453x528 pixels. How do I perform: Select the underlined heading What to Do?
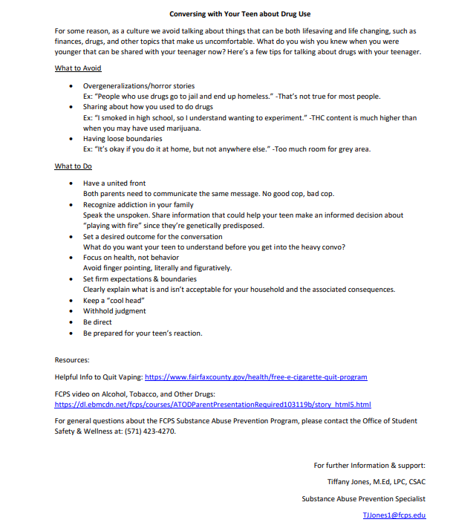[73, 166]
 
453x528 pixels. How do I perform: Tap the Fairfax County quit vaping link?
[255, 377]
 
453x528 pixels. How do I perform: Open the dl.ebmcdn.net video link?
[213, 405]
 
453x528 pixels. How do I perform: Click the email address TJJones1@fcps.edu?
[394, 515]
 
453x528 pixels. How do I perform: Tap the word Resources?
[72, 360]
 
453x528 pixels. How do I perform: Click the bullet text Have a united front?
[114, 183]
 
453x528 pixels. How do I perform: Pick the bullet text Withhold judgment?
[114, 311]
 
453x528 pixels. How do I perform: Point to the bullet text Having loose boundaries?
[123, 138]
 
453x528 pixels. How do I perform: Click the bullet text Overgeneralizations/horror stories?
[139, 86]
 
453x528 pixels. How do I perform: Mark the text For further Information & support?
[369, 466]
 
